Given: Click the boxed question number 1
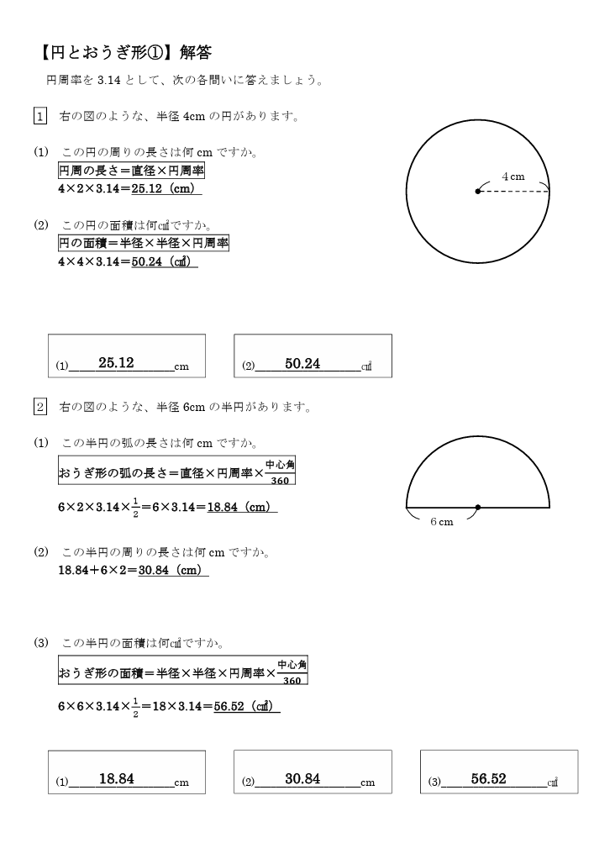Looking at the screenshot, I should tap(39, 116).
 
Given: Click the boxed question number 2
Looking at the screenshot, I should tap(39, 408).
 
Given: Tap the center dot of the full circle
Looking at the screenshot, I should tap(478, 192).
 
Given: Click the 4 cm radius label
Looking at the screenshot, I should tap(513, 177).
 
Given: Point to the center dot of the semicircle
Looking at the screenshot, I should tap(478, 508).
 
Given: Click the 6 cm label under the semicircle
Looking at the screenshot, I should tap(441, 522).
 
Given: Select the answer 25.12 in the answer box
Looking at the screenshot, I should tap(116, 363).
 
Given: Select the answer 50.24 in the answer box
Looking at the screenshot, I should tap(302, 363).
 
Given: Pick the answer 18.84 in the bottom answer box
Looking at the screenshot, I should tap(116, 779).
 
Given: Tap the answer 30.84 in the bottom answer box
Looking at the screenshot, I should tap(302, 779).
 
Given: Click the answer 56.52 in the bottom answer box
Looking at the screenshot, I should tap(488, 779).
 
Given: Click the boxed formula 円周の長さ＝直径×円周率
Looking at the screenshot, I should tap(131, 171).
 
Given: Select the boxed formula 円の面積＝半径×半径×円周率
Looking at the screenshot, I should tap(143, 243).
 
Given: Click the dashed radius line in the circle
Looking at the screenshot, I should tap(514, 192).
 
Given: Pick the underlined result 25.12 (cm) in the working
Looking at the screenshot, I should tap(166, 189).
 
